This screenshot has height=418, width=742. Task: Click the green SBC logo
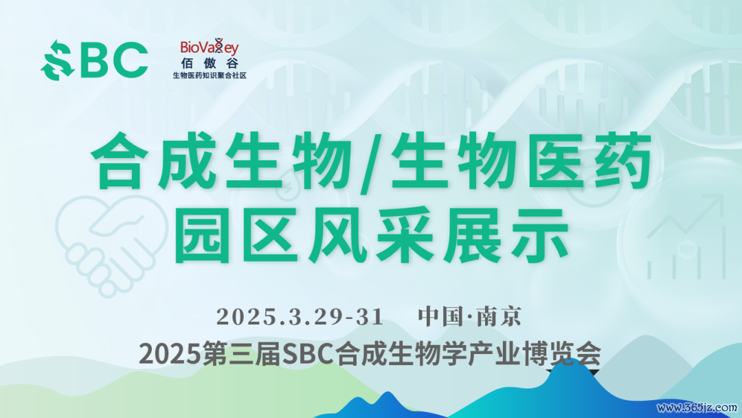coord(94,60)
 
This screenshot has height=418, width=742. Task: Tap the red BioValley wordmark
coord(209,47)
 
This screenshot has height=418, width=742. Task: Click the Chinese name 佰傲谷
coord(210,63)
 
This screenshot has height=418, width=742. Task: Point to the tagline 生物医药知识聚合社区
coord(210,75)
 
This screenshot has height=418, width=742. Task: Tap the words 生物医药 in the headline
coord(520,162)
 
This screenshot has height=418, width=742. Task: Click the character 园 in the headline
coord(203,235)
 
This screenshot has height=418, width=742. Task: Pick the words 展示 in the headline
coord(506,235)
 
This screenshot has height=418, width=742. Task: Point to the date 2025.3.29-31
coord(300,317)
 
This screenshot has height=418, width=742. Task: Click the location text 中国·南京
coord(469,317)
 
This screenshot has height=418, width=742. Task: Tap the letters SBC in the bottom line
coord(309,354)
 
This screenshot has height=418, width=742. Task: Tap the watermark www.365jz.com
coord(697,408)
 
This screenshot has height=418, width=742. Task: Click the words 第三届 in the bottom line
coord(242,354)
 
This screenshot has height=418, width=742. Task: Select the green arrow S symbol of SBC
coord(57,60)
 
